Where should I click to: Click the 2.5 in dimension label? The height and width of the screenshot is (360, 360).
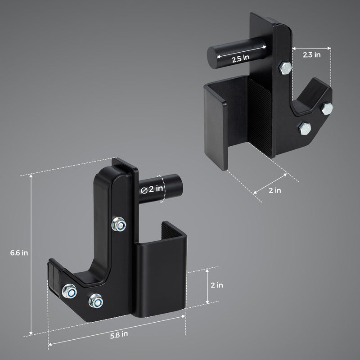[240, 58]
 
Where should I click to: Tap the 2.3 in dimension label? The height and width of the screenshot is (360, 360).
[311, 54]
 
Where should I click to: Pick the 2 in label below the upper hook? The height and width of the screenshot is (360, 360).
[274, 190]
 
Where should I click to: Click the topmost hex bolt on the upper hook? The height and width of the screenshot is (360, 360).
[285, 68]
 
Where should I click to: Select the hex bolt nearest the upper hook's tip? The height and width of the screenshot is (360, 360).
[327, 108]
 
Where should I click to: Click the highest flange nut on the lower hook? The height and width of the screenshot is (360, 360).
[119, 224]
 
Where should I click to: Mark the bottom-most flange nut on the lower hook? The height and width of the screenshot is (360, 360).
[95, 300]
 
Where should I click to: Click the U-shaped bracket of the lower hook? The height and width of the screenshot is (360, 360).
[162, 274]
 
